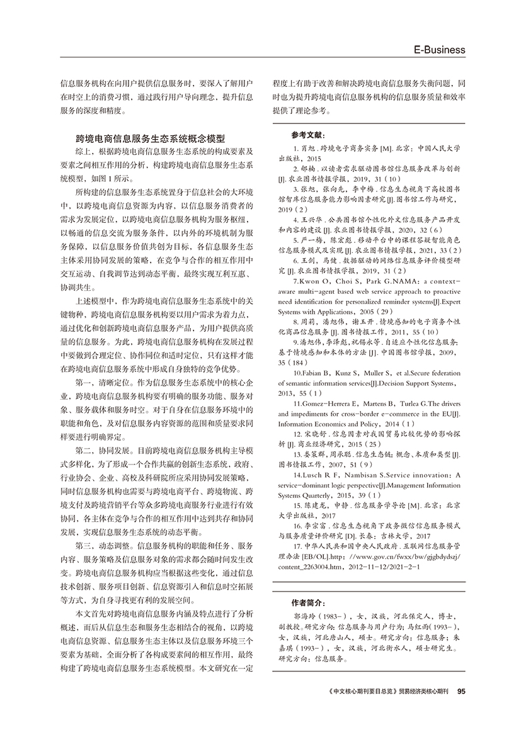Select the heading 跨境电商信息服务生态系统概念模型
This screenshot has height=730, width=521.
[x=150, y=137]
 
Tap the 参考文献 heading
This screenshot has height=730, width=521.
[x=309, y=135]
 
